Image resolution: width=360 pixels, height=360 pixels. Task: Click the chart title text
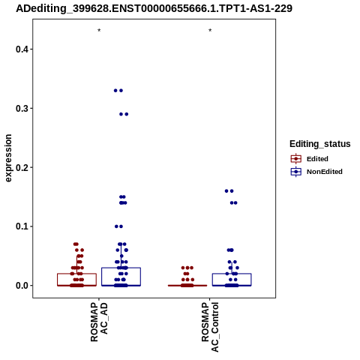tap(154, 8)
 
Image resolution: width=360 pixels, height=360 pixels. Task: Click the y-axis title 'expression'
tap(8, 158)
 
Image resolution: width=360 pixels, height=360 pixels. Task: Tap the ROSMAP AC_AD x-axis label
tap(99, 322)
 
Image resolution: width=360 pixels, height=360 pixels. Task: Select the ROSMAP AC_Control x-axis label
tap(210, 327)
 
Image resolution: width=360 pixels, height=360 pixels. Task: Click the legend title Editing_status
tap(320, 144)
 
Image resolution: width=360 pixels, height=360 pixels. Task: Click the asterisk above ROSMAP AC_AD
tap(99, 31)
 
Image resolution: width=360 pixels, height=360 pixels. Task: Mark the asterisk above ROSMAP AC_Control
tap(210, 31)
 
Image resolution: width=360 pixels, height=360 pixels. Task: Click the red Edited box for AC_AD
tap(77, 274)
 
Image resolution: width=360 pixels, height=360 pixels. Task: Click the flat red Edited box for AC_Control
tap(187, 285)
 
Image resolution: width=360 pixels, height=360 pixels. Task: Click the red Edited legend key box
tap(296, 159)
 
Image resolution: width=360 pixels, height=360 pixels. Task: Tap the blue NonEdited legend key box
tap(296, 172)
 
